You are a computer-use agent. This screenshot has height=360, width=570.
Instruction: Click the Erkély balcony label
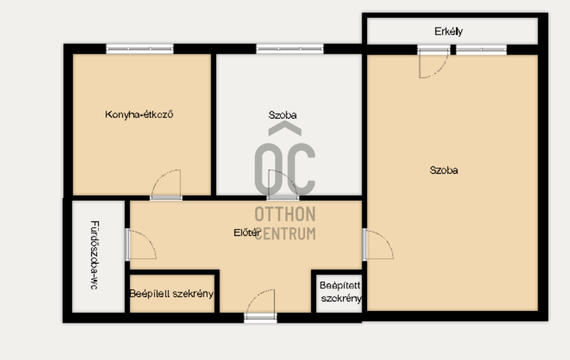[449, 31]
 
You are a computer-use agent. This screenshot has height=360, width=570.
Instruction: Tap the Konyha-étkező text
[139, 114]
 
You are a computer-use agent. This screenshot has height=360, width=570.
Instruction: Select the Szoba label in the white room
[283, 115]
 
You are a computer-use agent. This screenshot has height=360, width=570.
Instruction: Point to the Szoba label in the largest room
[444, 170]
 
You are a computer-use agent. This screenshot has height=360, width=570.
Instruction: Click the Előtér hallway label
[246, 233]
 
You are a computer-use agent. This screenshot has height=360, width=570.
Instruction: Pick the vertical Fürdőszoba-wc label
[93, 254]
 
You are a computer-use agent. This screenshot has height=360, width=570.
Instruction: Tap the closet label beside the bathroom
[172, 294]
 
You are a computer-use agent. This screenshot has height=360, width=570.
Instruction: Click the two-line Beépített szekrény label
[340, 292]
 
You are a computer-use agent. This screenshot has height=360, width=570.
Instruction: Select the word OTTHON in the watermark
[285, 214]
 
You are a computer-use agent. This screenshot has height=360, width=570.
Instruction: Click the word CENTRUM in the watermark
[285, 233]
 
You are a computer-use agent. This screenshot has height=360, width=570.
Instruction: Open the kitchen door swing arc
[166, 184]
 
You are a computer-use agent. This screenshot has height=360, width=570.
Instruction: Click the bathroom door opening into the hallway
[141, 245]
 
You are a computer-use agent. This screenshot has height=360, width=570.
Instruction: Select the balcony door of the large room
[433, 63]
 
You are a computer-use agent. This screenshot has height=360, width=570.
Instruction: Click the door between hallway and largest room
[378, 244]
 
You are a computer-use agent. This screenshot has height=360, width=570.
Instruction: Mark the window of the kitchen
[139, 49]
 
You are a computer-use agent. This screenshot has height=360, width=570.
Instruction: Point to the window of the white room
[289, 49]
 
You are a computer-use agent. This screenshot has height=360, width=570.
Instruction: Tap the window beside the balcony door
[480, 50]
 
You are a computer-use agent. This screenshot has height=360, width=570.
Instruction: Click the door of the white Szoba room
[283, 185]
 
